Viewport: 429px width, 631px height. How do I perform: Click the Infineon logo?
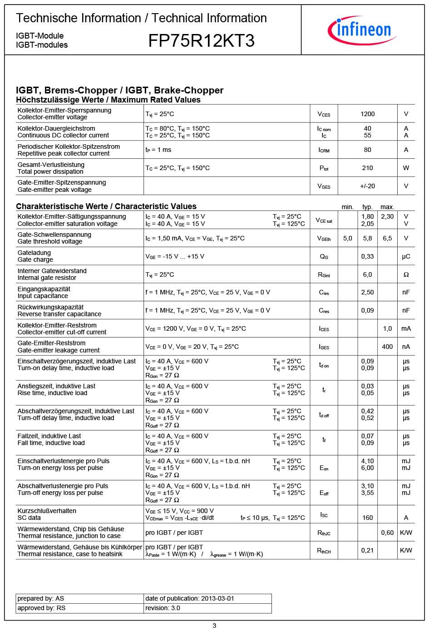tap(362, 29)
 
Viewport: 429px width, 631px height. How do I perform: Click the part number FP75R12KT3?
tap(201, 41)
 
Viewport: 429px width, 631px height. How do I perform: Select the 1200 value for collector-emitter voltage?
tap(367, 114)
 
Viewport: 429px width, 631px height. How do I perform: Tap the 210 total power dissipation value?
tap(367, 168)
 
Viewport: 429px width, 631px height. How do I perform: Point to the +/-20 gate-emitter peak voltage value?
tap(367, 186)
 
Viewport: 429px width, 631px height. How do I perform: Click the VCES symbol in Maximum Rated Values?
tap(324, 114)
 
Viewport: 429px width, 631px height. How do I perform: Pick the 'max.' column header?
tap(387, 207)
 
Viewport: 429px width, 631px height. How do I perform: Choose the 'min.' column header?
tap(347, 207)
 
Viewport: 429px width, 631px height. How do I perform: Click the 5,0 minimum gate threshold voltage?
tap(347, 238)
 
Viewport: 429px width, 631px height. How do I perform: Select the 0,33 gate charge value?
tap(367, 256)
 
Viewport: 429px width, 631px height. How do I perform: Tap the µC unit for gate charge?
tap(406, 256)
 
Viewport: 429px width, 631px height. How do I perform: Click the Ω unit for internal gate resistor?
tap(406, 274)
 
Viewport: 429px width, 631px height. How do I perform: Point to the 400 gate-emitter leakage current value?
tap(387, 347)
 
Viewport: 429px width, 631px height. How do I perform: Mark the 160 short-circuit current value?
tap(367, 518)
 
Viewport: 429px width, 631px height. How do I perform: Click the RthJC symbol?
tap(324, 533)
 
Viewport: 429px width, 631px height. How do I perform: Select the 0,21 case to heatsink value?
tap(367, 550)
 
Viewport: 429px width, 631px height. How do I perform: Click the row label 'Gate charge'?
tap(35, 259)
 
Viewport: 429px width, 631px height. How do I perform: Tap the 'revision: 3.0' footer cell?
tap(163, 608)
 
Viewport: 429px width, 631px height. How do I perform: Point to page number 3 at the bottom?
tap(214, 626)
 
